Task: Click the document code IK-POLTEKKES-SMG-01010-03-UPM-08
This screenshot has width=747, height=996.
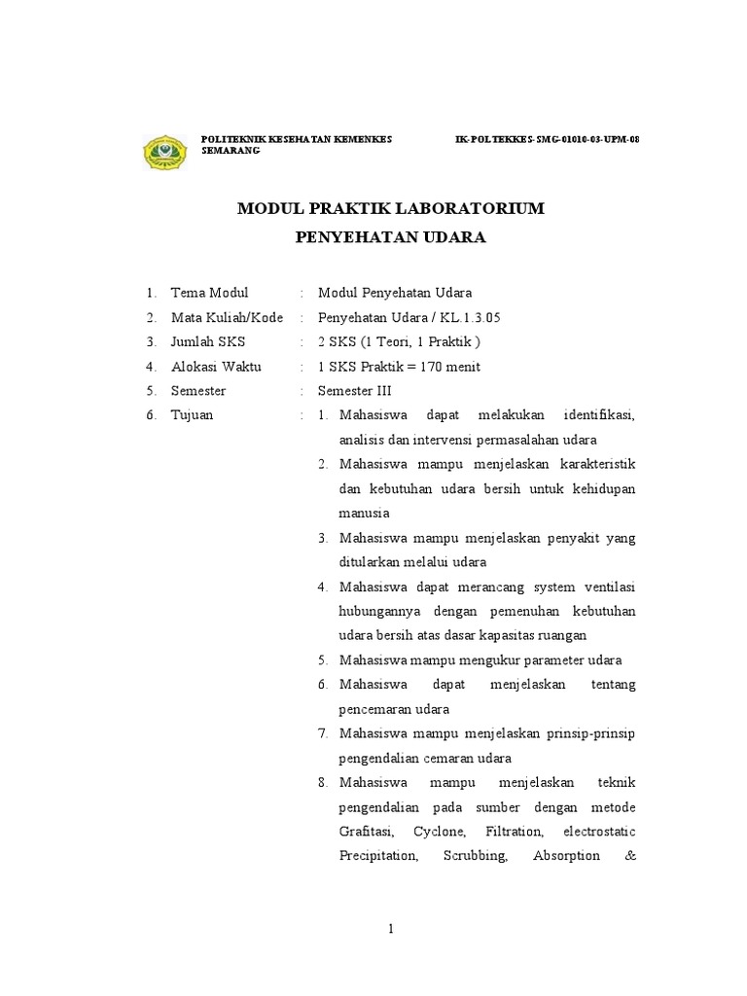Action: click(548, 140)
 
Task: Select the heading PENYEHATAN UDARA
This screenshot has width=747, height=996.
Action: click(390, 237)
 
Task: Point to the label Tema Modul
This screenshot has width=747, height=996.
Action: click(209, 293)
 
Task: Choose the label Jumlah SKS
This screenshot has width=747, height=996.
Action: click(208, 341)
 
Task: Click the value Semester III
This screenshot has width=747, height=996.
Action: click(354, 391)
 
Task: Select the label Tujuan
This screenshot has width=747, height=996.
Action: click(192, 415)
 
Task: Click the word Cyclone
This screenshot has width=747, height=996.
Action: click(440, 833)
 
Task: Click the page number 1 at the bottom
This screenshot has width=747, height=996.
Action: click(390, 930)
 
